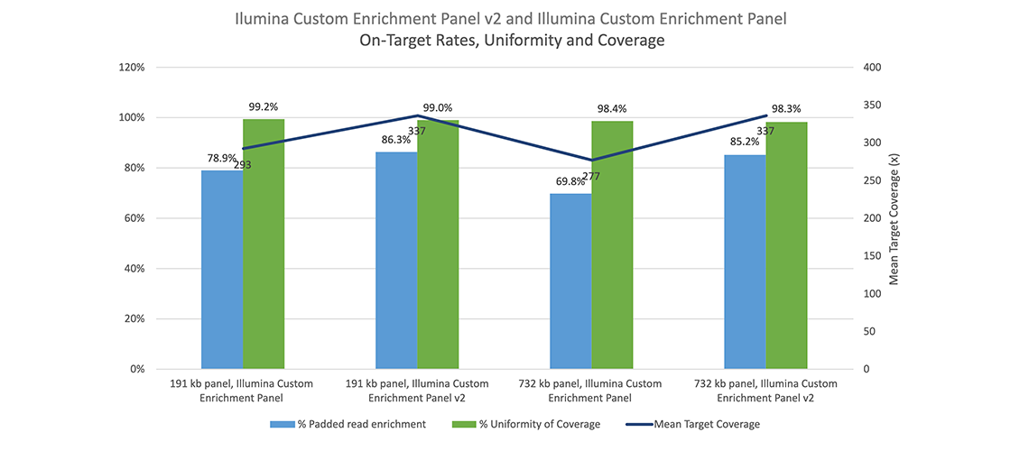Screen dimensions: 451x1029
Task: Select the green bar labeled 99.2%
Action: (264, 244)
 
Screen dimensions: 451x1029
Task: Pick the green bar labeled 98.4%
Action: (612, 244)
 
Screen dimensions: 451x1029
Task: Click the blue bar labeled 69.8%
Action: (570, 281)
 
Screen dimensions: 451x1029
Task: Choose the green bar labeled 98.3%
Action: (786, 245)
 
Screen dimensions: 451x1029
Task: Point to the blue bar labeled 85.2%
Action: (745, 262)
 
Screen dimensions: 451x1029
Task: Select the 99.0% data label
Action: (438, 107)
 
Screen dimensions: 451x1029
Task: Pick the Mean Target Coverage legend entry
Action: (693, 424)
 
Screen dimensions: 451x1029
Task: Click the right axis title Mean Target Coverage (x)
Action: (895, 218)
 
